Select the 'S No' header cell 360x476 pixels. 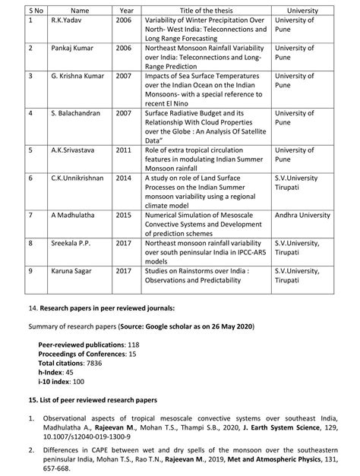(36, 10)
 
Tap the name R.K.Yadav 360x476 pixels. (67, 20)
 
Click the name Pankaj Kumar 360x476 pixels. (73, 48)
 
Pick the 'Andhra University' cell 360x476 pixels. (303, 215)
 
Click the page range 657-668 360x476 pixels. (60, 468)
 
